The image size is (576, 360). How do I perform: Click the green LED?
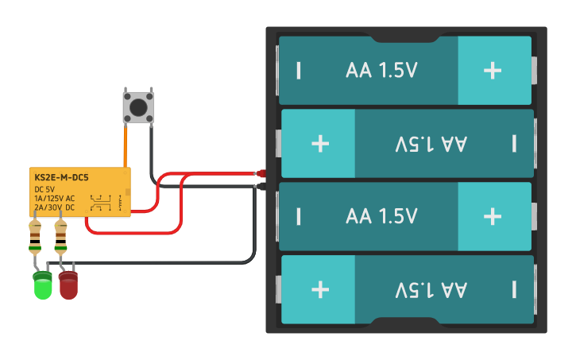click(x=42, y=285)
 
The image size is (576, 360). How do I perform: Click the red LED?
click(x=68, y=285)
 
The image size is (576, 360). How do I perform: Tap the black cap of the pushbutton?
click(x=138, y=106)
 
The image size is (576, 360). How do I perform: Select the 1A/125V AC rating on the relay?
click(x=55, y=198)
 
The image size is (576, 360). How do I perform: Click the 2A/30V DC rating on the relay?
click(x=55, y=207)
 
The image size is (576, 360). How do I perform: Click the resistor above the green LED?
click(x=35, y=236)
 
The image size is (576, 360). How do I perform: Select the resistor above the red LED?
click(x=61, y=236)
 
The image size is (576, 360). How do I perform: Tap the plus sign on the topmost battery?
click(x=493, y=71)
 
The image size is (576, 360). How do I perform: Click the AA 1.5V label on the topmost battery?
click(x=381, y=71)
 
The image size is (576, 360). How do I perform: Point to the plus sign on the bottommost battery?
click(x=320, y=288)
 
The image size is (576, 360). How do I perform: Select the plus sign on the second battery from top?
click(x=320, y=143)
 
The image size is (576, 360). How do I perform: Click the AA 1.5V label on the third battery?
click(x=381, y=216)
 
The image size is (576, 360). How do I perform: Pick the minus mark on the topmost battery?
click(x=299, y=71)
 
